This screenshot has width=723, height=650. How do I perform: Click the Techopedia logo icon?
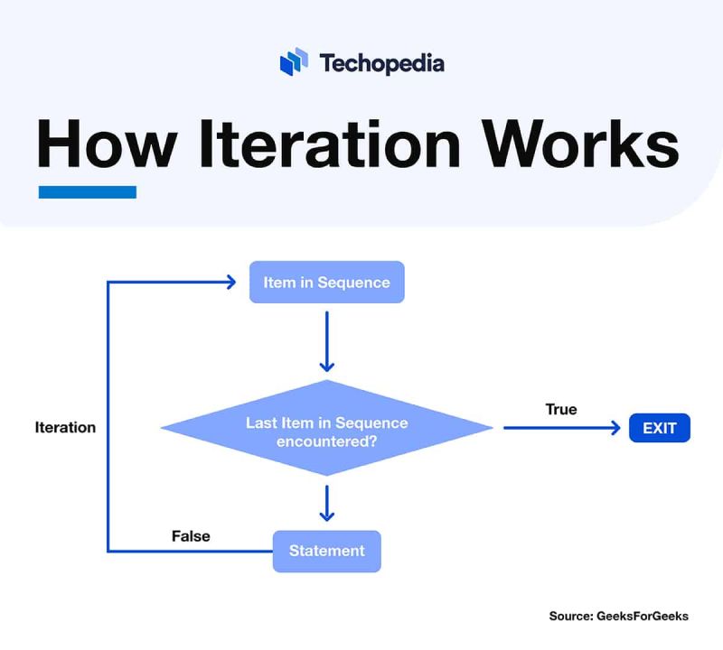coord(294,62)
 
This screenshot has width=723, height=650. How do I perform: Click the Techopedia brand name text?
coord(380,63)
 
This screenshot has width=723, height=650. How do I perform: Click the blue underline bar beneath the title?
coord(87,191)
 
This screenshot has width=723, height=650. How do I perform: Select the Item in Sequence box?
coord(326,283)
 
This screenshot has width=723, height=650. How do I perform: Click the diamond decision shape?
coord(326,428)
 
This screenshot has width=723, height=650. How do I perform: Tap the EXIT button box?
coord(659,428)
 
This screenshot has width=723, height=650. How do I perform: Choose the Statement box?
coord(326,551)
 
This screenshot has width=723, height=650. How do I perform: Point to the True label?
coord(560,409)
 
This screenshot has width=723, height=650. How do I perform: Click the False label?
coord(191,536)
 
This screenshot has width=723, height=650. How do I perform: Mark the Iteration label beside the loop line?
coord(65,428)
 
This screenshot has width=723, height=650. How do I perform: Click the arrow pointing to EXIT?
coord(560,428)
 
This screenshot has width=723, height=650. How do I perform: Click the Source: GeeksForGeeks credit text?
coord(618,616)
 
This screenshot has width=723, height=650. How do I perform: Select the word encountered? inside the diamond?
coord(326,442)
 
